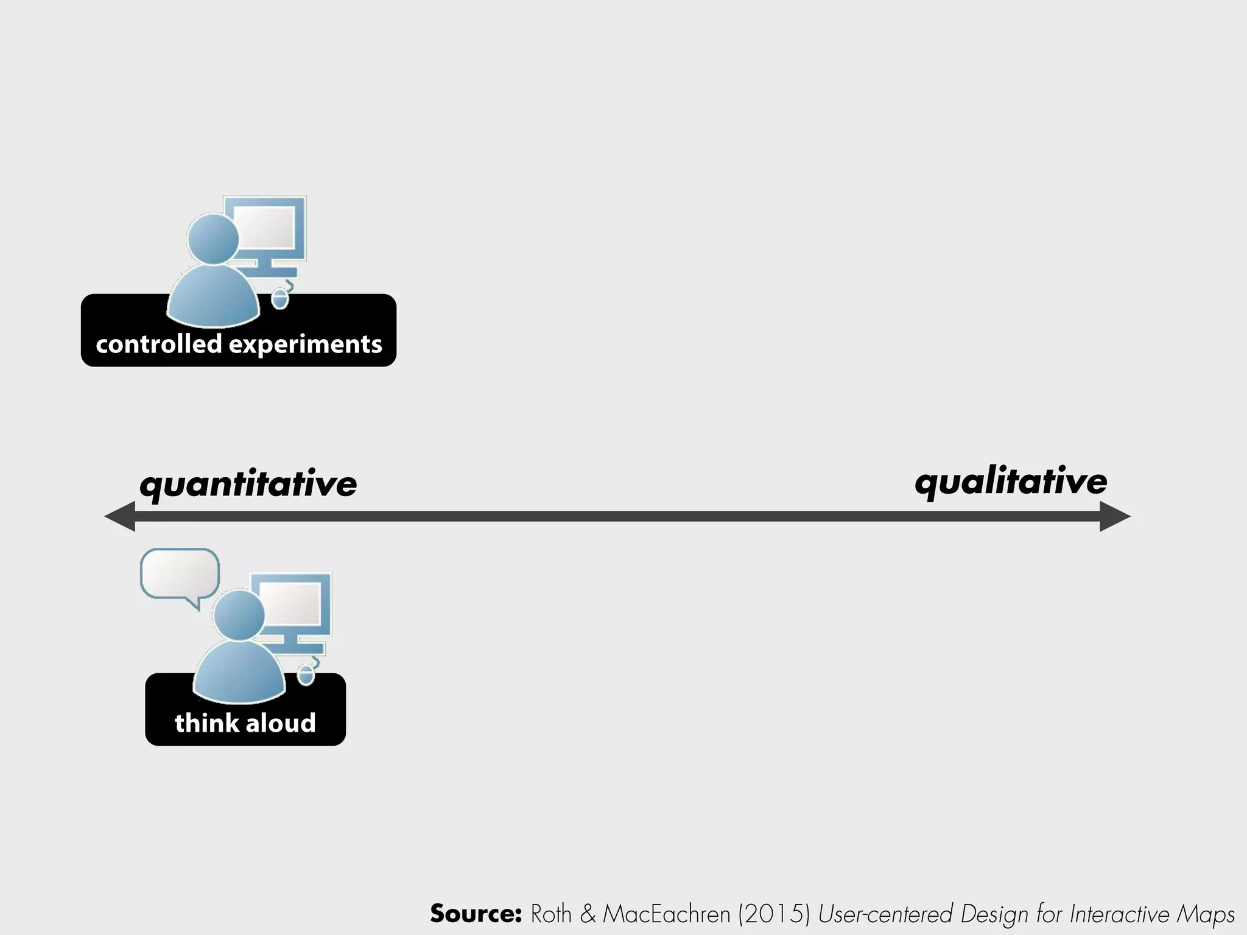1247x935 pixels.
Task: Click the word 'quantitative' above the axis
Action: [x=248, y=485]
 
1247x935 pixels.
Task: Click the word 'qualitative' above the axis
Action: [x=1011, y=482]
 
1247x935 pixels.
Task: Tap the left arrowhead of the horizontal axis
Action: [x=121, y=517]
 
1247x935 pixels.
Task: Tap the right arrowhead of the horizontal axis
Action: [x=1114, y=517]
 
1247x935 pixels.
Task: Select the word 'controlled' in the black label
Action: [x=158, y=345]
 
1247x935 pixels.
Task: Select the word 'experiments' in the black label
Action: [x=305, y=345]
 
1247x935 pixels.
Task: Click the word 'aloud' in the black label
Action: [x=281, y=723]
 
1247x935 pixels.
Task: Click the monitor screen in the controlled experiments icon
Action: [x=265, y=226]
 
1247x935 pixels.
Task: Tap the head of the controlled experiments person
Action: [x=213, y=239]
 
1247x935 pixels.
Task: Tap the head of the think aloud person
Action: [x=239, y=615]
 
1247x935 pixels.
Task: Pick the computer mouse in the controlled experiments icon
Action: [x=279, y=299]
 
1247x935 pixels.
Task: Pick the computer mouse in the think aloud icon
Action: [x=306, y=674]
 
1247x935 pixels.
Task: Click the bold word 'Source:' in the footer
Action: [x=476, y=914]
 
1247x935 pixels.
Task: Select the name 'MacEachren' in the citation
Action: [x=667, y=914]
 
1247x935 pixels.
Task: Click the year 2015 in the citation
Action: [x=774, y=914]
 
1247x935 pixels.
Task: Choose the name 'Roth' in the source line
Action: [x=551, y=914]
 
